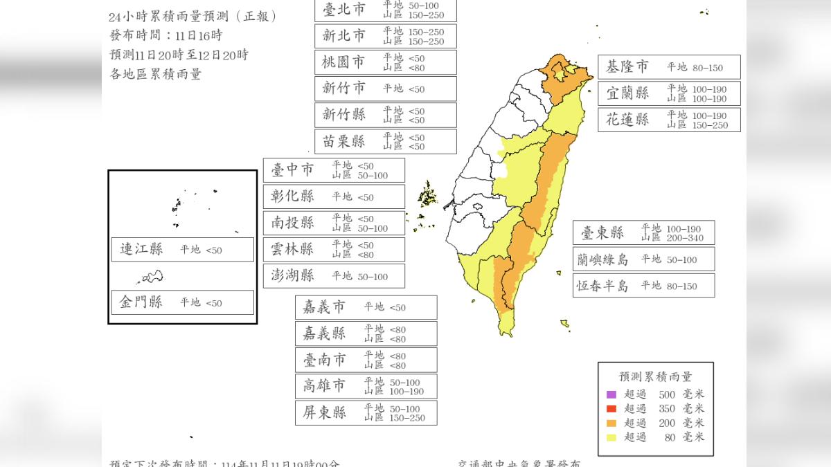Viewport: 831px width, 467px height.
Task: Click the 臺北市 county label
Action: coord(344,10)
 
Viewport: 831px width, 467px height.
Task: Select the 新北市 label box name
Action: coord(344,36)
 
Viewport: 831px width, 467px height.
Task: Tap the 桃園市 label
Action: coord(344,62)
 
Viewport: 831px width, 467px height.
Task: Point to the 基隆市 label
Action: coord(627,67)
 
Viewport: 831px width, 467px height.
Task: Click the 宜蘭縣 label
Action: coord(627,93)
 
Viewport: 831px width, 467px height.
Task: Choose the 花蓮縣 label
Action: coord(627,120)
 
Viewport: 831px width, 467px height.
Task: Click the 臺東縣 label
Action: coord(602,232)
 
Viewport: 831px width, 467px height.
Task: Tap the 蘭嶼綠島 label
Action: coord(603,259)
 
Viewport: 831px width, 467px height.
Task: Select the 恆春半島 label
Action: coord(603,286)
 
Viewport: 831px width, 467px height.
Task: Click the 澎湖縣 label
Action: coord(293,276)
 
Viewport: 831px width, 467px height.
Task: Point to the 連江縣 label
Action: coord(141,250)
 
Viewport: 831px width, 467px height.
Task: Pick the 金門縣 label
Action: coord(141,302)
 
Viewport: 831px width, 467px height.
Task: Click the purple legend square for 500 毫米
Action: coord(611,394)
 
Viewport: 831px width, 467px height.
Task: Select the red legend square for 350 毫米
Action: coord(611,408)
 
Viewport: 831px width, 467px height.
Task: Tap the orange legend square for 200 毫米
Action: coord(611,423)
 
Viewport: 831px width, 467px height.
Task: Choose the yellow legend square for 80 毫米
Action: coord(611,437)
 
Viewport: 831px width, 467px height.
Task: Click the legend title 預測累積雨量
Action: coord(656,377)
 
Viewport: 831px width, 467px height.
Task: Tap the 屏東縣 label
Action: coord(325,413)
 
